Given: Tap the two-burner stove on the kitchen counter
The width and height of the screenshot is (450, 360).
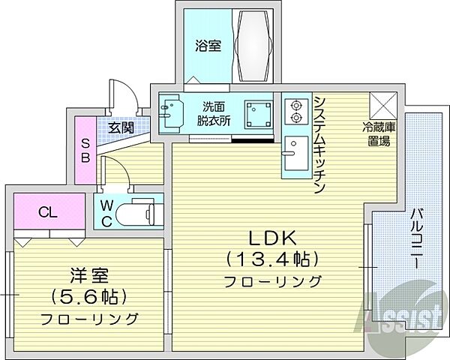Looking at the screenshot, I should click(294, 111).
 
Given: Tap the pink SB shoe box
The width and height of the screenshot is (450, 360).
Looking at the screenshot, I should click(85, 150).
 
